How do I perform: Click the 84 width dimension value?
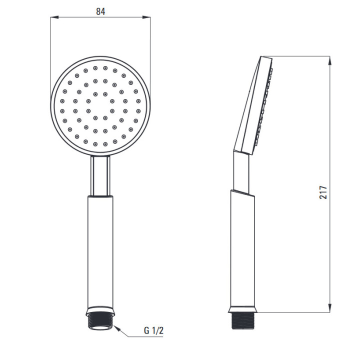pyautogui.click(x=100, y=11)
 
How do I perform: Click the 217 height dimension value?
pyautogui.click(x=323, y=192)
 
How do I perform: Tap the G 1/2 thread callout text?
pyautogui.click(x=153, y=330)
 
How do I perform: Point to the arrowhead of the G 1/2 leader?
pyautogui.click(x=117, y=328)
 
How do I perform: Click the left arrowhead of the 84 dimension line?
pyautogui.click(x=54, y=17)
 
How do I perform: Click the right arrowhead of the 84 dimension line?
pyautogui.click(x=146, y=17)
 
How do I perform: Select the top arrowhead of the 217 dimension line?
pyautogui.click(x=330, y=60)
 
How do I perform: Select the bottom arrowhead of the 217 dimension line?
pyautogui.click(x=330, y=308)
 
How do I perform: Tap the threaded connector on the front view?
pyautogui.click(x=100, y=321)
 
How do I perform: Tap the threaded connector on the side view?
pyautogui.click(x=242, y=320)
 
